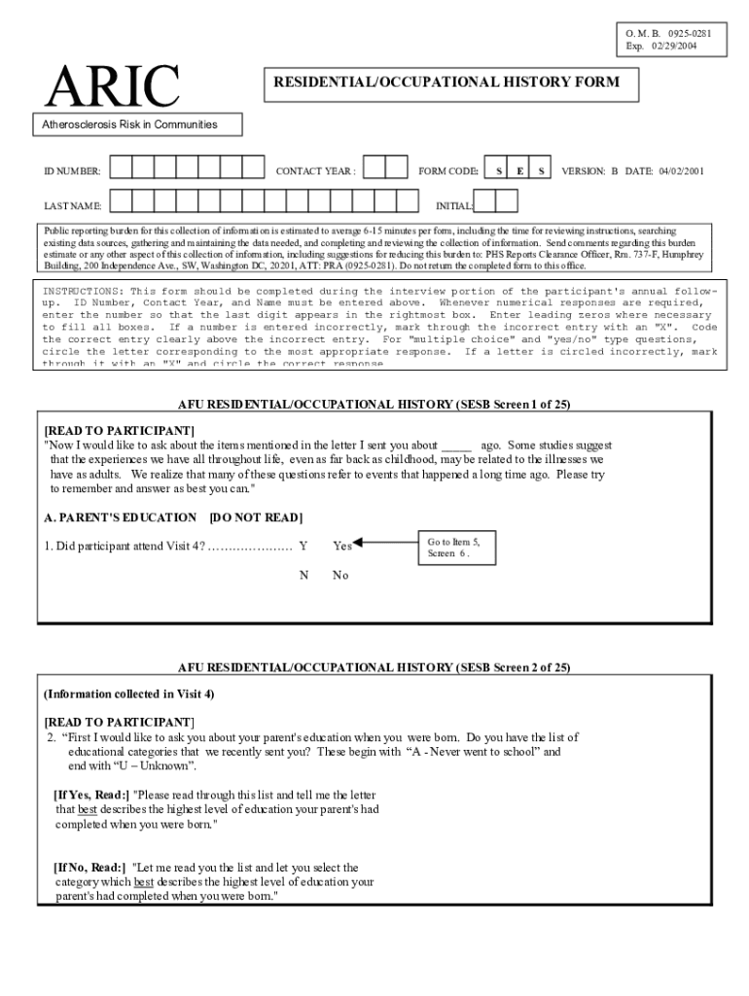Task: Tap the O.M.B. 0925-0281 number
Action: coord(669,33)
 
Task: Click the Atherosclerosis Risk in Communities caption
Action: coord(129,124)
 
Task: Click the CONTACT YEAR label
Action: coord(315,171)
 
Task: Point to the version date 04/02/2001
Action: coord(681,171)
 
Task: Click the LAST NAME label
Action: coord(72,206)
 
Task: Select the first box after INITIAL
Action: coord(485,201)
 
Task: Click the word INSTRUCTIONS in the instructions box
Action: coord(82,291)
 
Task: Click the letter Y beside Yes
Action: coord(303,546)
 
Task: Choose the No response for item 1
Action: coord(339,575)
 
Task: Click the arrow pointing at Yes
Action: coord(384,545)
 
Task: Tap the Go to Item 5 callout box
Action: coord(453,547)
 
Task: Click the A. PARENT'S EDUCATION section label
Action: coord(120,516)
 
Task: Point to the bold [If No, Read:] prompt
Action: coord(89,867)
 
